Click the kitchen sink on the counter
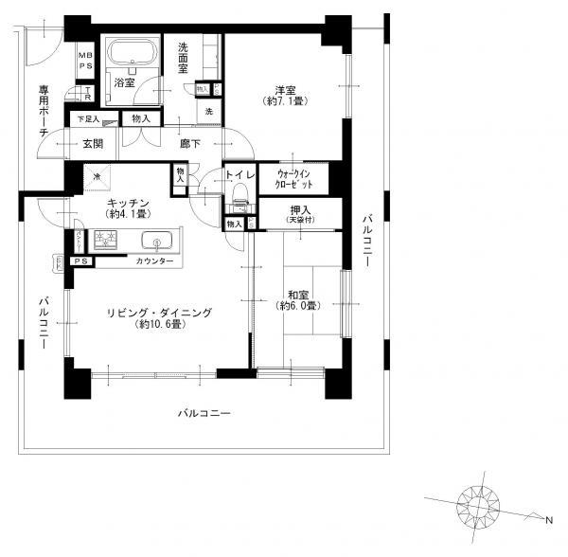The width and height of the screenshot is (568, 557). [156, 241]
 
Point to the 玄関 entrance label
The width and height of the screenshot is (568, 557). [92, 144]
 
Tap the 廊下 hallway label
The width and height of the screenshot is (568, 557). [192, 144]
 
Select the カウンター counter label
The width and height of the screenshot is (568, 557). [154, 261]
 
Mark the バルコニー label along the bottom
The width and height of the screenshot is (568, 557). [204, 414]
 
